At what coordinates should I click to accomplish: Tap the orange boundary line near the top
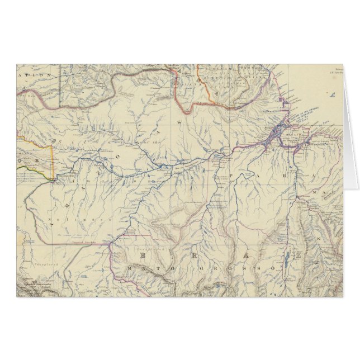click(x=184, y=95)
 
